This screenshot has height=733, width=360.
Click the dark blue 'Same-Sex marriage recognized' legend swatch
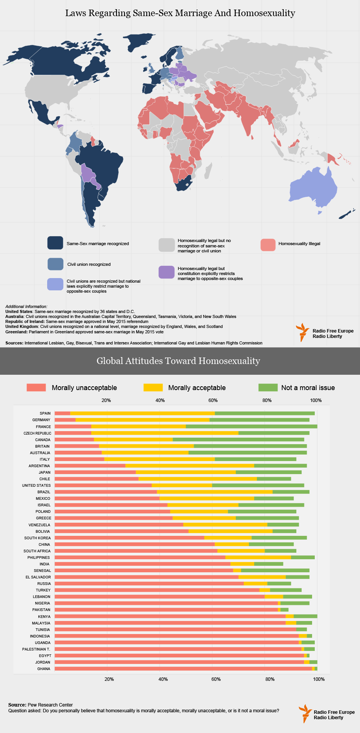(55, 243)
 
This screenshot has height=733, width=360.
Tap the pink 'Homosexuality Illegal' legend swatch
(268, 245)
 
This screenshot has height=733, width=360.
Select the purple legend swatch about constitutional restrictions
(167, 272)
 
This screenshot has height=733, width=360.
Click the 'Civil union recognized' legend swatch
(55, 264)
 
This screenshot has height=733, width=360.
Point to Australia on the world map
(312, 188)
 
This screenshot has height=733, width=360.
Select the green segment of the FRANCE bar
(251, 427)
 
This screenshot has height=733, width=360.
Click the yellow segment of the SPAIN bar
(142, 413)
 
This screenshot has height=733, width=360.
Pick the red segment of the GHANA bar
(183, 669)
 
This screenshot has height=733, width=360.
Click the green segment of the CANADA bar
(238, 440)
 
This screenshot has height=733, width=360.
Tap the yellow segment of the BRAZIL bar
(214, 492)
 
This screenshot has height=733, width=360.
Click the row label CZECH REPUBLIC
(37, 433)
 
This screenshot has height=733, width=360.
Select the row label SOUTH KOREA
(37, 538)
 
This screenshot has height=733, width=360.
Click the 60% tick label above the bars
(213, 400)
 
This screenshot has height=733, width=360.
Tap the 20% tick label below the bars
(109, 679)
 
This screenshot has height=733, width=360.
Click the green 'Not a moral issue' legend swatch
(268, 387)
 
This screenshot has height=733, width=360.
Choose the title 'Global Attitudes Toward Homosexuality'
(178, 361)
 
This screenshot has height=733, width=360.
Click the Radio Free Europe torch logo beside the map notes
(302, 332)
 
